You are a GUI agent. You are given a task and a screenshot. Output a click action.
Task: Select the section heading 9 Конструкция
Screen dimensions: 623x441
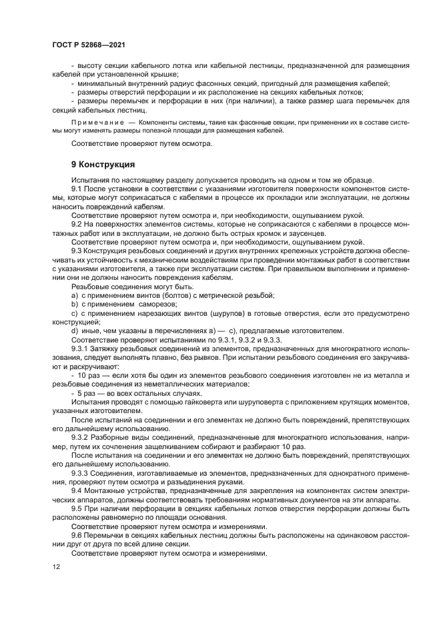tap(103, 164)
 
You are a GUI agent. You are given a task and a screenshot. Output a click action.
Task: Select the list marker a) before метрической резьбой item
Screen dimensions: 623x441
tap(75, 295)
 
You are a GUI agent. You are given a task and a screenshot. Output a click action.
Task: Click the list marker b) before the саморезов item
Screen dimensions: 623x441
tap(75, 304)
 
